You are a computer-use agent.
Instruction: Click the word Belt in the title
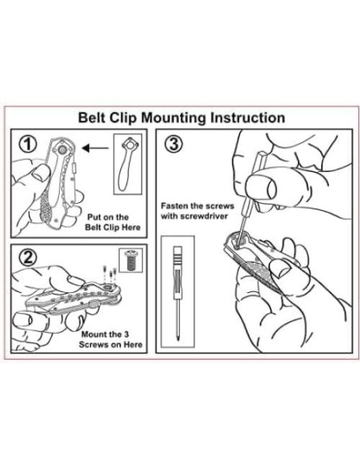[x=92, y=118]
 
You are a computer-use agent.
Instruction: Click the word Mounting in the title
[x=173, y=118]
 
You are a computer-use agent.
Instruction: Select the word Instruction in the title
[x=248, y=118]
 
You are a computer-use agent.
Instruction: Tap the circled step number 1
[x=28, y=144]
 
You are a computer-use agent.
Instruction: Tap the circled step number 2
[x=28, y=257]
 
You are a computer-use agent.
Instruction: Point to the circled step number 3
[x=173, y=144]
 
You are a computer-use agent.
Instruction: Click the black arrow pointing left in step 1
[x=95, y=147]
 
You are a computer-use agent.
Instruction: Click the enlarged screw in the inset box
[x=130, y=260]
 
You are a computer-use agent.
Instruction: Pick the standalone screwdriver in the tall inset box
[x=178, y=292]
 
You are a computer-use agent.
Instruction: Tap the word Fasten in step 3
[x=175, y=205]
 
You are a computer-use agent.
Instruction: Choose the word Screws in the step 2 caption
[x=94, y=345]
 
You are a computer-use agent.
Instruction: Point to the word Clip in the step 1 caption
[x=109, y=228]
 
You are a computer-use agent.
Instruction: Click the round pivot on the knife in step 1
[x=62, y=150]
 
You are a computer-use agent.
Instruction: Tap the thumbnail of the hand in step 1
[x=40, y=173]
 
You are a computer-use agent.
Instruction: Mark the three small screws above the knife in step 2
[x=109, y=272]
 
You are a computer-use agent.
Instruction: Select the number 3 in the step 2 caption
[x=127, y=334]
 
